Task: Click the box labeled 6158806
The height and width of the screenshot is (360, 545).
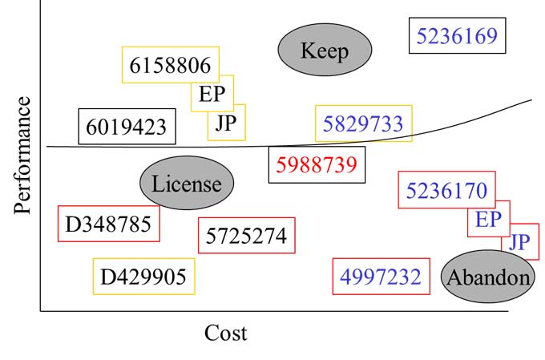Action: (x=170, y=65)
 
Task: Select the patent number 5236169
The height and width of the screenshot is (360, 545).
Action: (x=457, y=35)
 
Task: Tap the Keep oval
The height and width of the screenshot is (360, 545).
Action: (x=325, y=51)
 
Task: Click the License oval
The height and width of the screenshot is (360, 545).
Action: (x=186, y=183)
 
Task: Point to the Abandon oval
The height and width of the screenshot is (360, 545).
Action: (x=487, y=277)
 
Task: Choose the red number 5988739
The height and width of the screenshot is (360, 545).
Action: (x=316, y=165)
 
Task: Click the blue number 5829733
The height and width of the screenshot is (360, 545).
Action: (x=363, y=123)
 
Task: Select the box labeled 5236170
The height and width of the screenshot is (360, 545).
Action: (x=446, y=190)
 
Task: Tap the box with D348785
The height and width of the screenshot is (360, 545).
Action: (x=108, y=224)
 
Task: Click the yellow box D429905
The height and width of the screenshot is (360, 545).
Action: (x=143, y=277)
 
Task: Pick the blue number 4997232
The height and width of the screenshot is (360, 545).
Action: (x=380, y=277)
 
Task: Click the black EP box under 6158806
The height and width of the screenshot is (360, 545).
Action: (x=212, y=95)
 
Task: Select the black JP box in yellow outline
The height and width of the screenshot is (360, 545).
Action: (x=226, y=123)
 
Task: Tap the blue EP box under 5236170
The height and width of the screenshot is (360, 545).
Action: (x=488, y=219)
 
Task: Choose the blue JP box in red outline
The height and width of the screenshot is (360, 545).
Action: (x=519, y=241)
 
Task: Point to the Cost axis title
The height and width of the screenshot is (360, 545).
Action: (x=225, y=332)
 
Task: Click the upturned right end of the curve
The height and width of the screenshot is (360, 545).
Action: (x=525, y=103)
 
